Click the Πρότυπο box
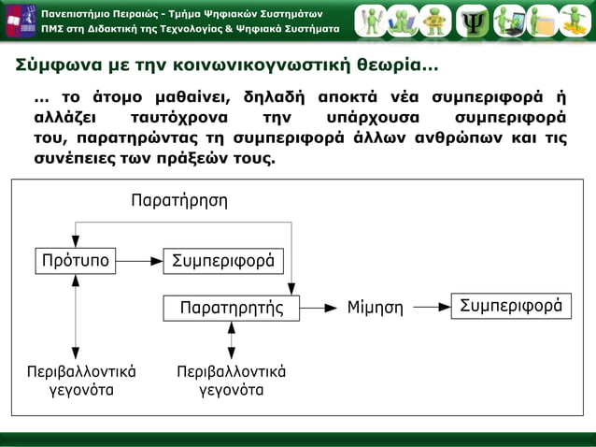75,260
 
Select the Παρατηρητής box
231,307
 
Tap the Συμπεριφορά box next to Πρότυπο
223,260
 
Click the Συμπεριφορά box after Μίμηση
511,306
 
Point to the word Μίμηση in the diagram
375,307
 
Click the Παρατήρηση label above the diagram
178,200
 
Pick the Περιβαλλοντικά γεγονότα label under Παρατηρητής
231,381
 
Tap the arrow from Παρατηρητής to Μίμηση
319,307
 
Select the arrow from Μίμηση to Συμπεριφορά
431,306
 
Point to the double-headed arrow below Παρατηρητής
231,339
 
